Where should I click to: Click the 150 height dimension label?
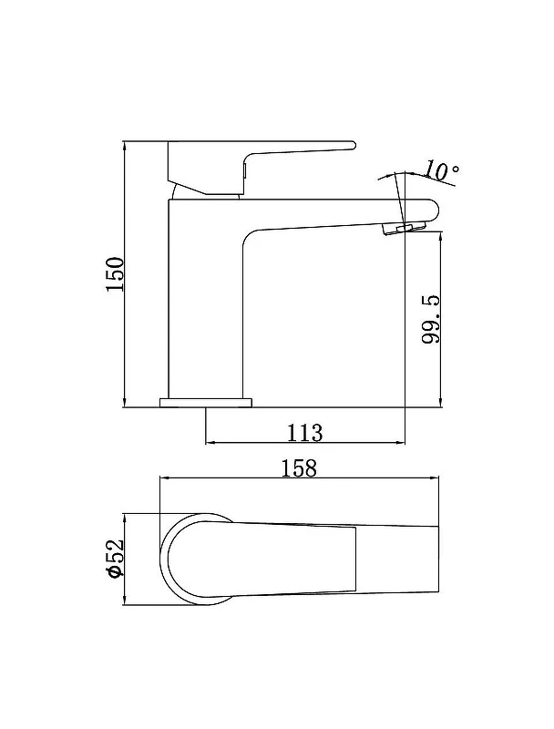[x=116, y=274]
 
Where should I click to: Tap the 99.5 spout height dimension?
[x=431, y=319]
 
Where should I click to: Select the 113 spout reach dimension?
[x=304, y=433]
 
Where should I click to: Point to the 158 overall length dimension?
[x=299, y=468]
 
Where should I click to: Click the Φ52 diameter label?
[x=115, y=559]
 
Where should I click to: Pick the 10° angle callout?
[x=441, y=170]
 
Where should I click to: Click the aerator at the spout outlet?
[x=404, y=228]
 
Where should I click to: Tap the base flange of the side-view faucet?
[x=205, y=403]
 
